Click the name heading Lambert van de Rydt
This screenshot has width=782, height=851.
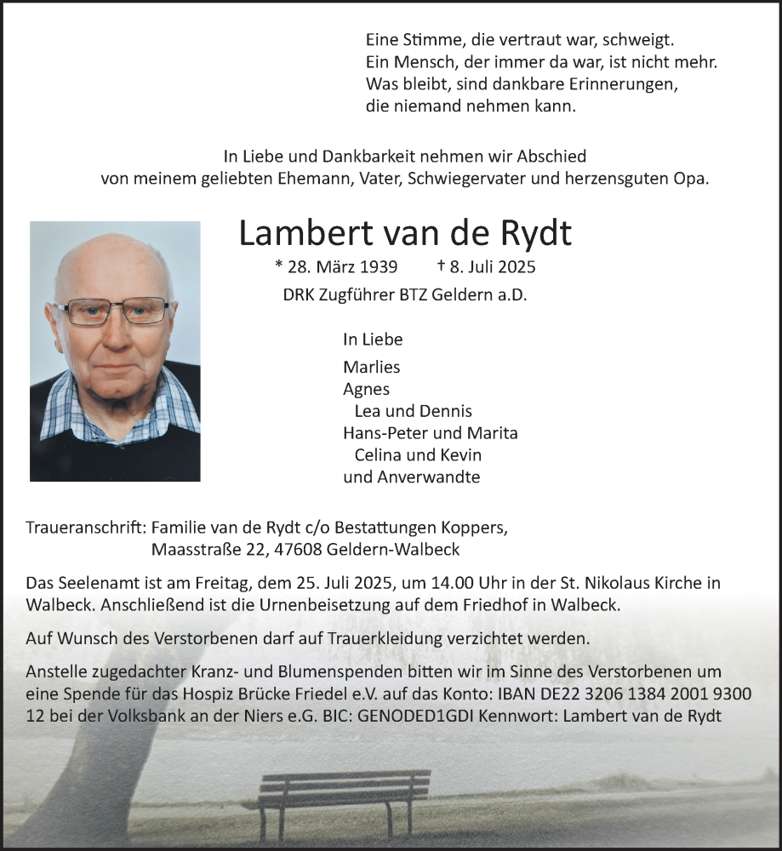coord(404,233)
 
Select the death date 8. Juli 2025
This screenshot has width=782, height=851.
coord(493,266)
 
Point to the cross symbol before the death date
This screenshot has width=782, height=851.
coord(441,266)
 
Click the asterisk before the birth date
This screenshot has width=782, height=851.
coord(279,266)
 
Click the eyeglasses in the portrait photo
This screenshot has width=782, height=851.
coord(116,311)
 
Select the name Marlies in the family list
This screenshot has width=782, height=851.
coord(371,367)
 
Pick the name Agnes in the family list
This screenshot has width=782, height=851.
coord(366,389)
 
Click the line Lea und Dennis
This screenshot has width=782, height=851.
coord(413,411)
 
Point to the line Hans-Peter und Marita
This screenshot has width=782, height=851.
coord(430,433)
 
